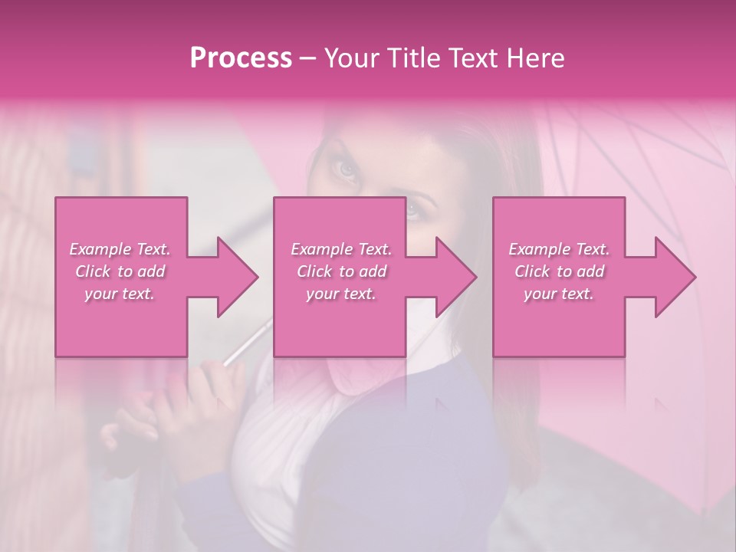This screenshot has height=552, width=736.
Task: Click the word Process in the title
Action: [241, 58]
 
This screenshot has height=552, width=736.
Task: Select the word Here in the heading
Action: [535, 58]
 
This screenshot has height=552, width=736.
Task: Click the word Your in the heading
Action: [350, 58]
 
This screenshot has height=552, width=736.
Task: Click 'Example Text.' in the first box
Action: [120, 249]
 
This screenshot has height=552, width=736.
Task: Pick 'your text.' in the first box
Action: [120, 294]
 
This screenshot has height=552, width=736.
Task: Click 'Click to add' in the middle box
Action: [341, 271]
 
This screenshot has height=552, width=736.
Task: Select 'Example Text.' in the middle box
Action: [341, 249]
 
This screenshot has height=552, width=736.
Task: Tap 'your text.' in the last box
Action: [559, 294]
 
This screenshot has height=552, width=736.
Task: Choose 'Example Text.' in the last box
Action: [559, 249]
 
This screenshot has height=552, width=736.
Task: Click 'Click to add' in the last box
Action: [559, 271]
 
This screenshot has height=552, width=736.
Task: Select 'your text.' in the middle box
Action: [341, 294]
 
